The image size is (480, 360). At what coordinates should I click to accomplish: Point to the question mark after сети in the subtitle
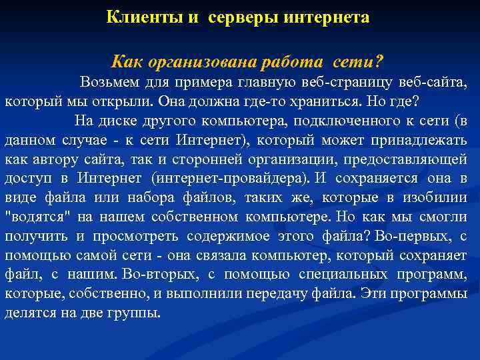(x=379, y=62)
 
